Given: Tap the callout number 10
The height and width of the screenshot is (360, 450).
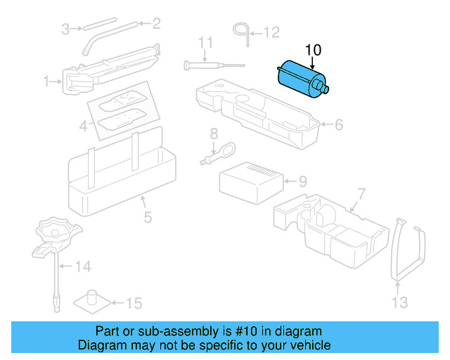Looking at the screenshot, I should pos(313,50).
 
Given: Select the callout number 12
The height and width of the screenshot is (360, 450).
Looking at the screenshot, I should pos(271,32).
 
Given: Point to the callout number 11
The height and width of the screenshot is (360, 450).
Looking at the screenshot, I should pos(205,42).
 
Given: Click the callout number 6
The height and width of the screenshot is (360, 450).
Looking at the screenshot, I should pos(338,125).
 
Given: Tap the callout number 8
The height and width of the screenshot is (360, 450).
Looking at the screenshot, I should pos(214,134).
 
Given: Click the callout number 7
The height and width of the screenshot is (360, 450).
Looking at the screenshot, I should pos(361,193).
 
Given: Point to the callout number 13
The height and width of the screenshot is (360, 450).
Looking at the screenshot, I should pos(399,302).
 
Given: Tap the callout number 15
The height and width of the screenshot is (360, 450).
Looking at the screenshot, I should pos(133,304).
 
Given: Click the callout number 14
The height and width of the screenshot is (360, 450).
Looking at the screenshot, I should pos(83,266).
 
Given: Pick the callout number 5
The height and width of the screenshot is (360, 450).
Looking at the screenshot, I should pos(148,217).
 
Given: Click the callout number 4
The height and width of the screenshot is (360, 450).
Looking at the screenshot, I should pos(83,127).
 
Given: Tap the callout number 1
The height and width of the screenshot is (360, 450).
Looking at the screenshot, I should pos(48,82).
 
